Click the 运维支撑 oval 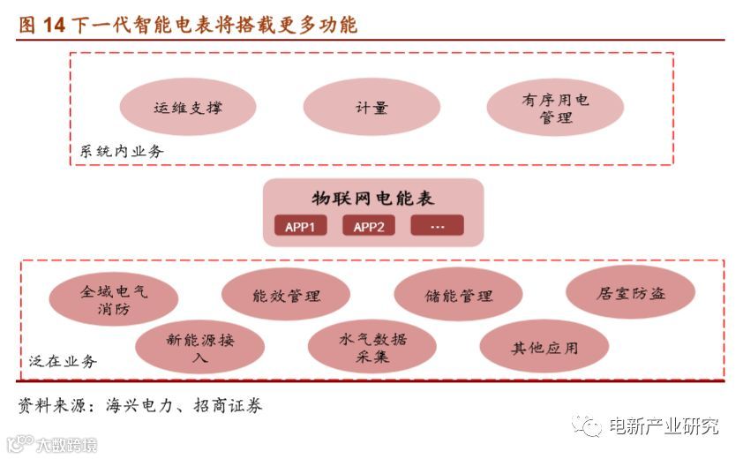[187, 108]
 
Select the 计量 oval [371, 108]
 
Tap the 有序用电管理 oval [555, 108]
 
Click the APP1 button [300, 226]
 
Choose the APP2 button [369, 226]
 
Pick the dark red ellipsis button [437, 226]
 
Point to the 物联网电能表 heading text [373, 198]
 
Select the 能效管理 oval [286, 295]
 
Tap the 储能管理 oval [458, 295]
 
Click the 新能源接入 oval [200, 348]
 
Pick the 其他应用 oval [544, 347]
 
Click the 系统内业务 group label [121, 152]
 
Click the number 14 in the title [54, 25]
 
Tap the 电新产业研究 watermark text [664, 426]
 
